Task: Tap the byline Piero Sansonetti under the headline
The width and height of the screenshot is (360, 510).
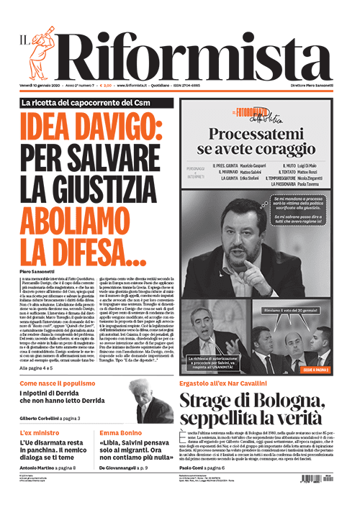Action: coord(42,270)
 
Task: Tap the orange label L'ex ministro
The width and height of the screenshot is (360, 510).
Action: coord(37,433)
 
